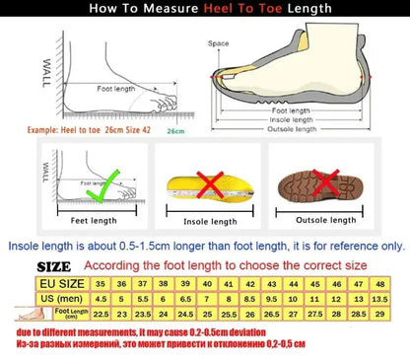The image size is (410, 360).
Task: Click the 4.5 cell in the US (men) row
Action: click(x=99, y=297)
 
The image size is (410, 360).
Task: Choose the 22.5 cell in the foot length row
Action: click(x=99, y=314)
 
